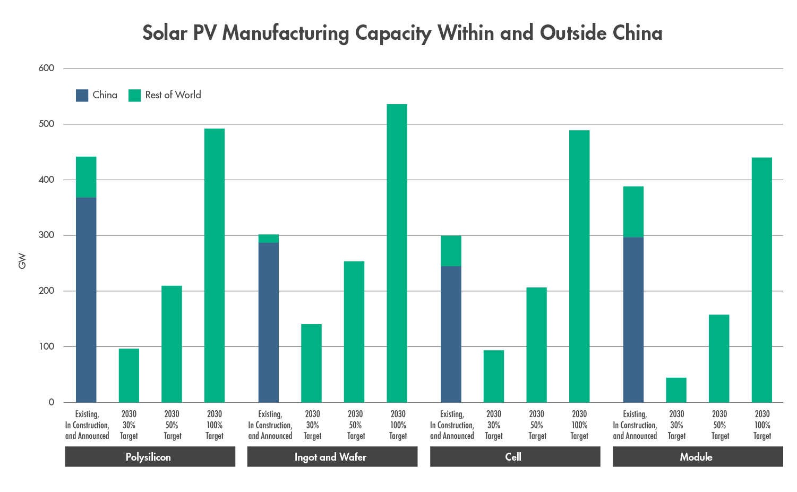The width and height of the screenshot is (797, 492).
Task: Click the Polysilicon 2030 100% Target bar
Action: coord(215,265)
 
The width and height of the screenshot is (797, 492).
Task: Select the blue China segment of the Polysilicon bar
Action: coord(86,300)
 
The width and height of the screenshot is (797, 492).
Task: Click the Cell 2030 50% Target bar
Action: coord(536,345)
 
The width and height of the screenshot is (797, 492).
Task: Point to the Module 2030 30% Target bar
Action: coord(676,390)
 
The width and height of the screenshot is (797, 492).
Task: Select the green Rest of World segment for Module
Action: coord(633,211)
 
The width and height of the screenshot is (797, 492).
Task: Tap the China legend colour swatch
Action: coord(82,96)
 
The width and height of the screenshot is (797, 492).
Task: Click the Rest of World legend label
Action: coord(173,95)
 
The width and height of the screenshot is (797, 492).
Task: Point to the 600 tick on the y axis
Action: coord(46,68)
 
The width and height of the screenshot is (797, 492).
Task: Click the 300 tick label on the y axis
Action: coord(46,235)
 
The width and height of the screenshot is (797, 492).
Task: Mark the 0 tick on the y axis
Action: coord(52,402)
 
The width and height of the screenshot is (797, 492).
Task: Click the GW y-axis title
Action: coord(22,261)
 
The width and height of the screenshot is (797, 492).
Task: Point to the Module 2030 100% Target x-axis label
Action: coord(762,425)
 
